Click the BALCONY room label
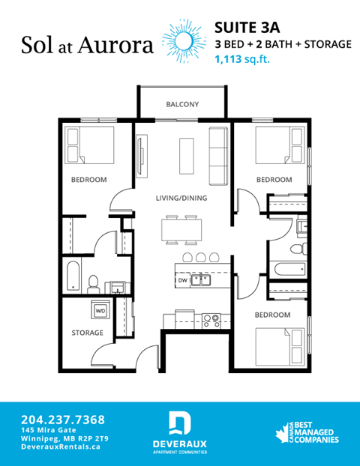tap(181, 105)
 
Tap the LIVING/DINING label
tap(181, 199)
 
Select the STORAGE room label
tap(87, 331)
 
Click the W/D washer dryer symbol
tap(100, 308)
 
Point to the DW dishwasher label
tap(182, 280)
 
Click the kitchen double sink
tap(200, 280)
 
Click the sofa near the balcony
tap(218, 156)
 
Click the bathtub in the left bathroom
tap(72, 277)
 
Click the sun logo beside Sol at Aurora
tap(184, 40)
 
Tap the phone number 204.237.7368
tap(63, 419)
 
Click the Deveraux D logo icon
tap(180, 423)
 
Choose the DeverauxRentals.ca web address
tap(61, 447)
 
